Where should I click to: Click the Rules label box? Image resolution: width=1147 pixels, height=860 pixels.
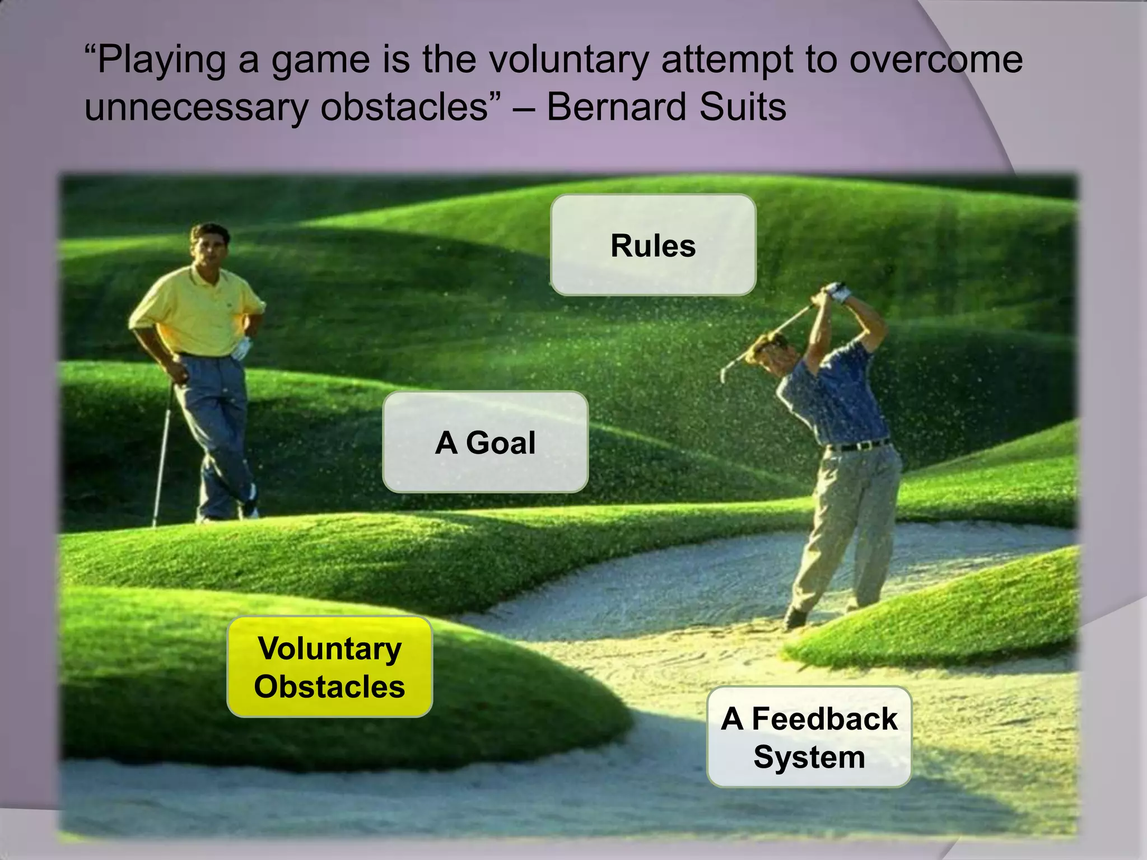(653, 245)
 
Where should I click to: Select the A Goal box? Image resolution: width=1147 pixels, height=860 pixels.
(485, 442)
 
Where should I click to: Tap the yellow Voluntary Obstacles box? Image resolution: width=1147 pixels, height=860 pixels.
(329, 667)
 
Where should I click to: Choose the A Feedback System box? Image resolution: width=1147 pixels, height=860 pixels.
(809, 737)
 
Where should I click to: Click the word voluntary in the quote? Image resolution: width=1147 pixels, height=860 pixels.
(568, 59)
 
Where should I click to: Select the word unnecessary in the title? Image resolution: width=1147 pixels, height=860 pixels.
(196, 107)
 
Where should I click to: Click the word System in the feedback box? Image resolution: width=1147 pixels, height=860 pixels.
(809, 757)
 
